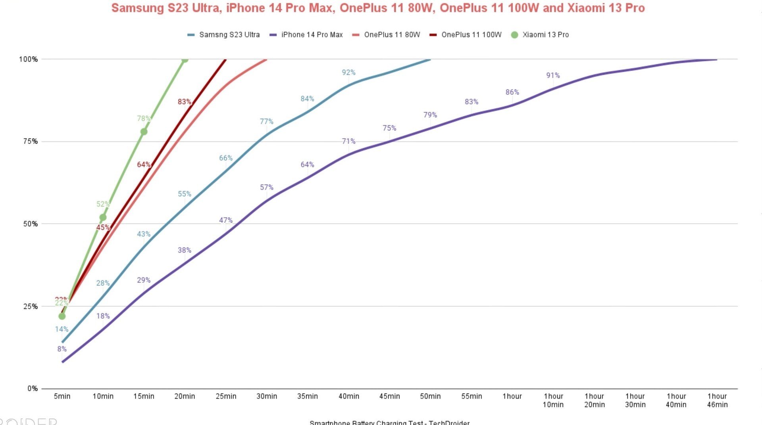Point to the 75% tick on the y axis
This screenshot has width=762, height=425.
click(x=29, y=142)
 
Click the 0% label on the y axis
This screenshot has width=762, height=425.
click(x=33, y=389)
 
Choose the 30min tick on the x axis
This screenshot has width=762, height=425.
click(x=267, y=396)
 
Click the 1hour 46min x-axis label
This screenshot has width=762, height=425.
click(x=717, y=400)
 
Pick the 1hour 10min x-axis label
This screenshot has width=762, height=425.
click(x=553, y=400)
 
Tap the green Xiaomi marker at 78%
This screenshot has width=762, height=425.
click(x=144, y=132)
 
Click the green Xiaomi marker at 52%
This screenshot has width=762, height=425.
click(x=103, y=217)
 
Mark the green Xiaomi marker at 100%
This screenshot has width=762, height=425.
click(x=185, y=59)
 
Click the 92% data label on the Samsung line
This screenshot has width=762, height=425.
click(x=348, y=73)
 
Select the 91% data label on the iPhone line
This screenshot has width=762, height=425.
click(x=553, y=75)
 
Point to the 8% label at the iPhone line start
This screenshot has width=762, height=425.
click(x=62, y=349)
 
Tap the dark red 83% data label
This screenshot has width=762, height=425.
click(x=185, y=102)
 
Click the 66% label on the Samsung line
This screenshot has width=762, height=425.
click(x=226, y=158)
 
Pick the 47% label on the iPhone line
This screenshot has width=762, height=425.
click(x=226, y=220)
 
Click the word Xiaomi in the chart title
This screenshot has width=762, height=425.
click(x=585, y=8)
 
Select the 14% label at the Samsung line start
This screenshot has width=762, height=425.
click(x=62, y=329)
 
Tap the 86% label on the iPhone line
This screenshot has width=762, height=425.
click(x=512, y=92)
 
